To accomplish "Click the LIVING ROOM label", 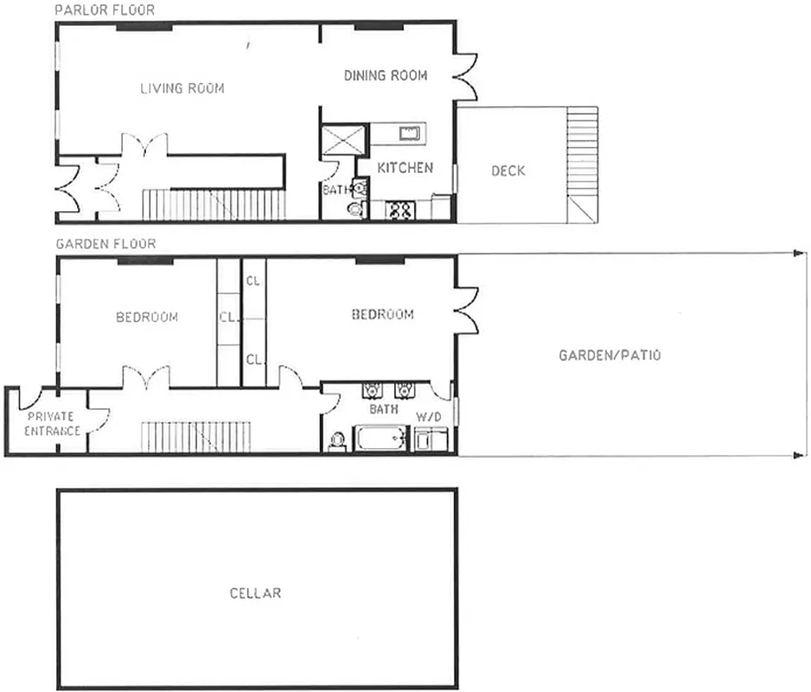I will (x=182, y=88).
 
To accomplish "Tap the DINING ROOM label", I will (x=386, y=76).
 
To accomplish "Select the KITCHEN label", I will (x=405, y=168).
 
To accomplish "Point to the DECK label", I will (x=508, y=170).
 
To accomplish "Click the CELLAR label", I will (x=255, y=593).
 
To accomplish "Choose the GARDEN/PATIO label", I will (x=610, y=355).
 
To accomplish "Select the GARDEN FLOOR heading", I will (x=105, y=244).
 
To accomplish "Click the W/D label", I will (x=428, y=417).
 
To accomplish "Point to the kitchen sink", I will (x=408, y=132).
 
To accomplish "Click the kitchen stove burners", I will (x=400, y=209).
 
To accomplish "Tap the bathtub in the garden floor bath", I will (x=380, y=439).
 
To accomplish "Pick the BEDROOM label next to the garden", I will (x=382, y=314).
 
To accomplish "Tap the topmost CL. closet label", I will (x=253, y=280).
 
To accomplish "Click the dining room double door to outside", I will (x=465, y=76).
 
